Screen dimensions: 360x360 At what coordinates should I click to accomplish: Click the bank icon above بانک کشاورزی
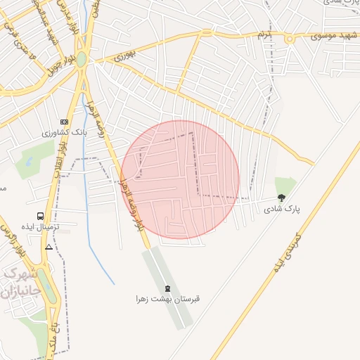point(65,122)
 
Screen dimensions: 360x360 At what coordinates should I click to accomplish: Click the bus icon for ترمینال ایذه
point(40,217)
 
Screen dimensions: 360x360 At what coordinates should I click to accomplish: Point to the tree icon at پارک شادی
point(282,198)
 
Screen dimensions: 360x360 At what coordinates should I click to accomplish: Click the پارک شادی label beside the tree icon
point(282,209)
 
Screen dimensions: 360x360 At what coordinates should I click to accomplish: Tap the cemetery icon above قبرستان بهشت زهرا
point(167,288)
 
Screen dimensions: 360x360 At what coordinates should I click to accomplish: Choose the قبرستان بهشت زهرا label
point(168,299)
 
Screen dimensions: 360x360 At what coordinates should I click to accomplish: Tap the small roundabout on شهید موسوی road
point(289,39)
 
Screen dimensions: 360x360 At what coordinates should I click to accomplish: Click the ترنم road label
point(263,34)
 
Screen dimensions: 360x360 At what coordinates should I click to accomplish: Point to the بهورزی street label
point(124,52)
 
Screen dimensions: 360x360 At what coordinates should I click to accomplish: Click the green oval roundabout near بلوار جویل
point(82,59)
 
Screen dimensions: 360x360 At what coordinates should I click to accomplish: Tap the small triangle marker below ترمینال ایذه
point(49,247)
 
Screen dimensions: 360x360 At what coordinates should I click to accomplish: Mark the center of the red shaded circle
point(180,179)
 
